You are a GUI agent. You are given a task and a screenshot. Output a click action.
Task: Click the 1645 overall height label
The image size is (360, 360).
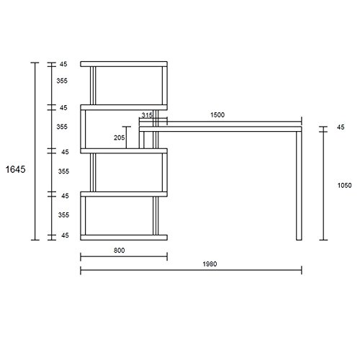point(15,169)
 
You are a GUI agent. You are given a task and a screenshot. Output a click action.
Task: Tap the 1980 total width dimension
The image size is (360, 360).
point(210,264)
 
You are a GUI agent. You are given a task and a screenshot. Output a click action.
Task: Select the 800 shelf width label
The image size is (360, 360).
point(119,251)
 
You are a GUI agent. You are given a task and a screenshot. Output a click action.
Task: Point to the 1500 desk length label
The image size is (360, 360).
point(217,114)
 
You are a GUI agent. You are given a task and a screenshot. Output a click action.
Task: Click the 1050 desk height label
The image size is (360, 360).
point(344,185)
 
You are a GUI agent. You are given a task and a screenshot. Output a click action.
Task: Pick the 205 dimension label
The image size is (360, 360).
point(119,138)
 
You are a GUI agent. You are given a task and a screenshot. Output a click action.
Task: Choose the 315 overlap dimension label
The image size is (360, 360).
point(147,115)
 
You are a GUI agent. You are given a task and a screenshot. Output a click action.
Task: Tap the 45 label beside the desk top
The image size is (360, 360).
point(341,127)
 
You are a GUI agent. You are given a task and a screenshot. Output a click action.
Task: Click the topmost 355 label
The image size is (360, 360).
point(62,81)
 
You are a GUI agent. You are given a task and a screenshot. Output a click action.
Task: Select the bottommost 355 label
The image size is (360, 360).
point(63,215)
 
